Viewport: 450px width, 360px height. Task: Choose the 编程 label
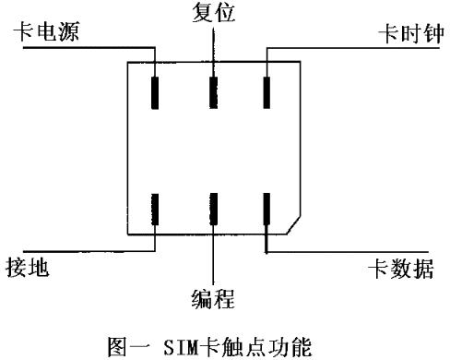tap(213, 297)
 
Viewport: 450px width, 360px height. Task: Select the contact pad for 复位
tap(213, 92)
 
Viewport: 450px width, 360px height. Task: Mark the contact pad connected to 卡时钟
tap(266, 92)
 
